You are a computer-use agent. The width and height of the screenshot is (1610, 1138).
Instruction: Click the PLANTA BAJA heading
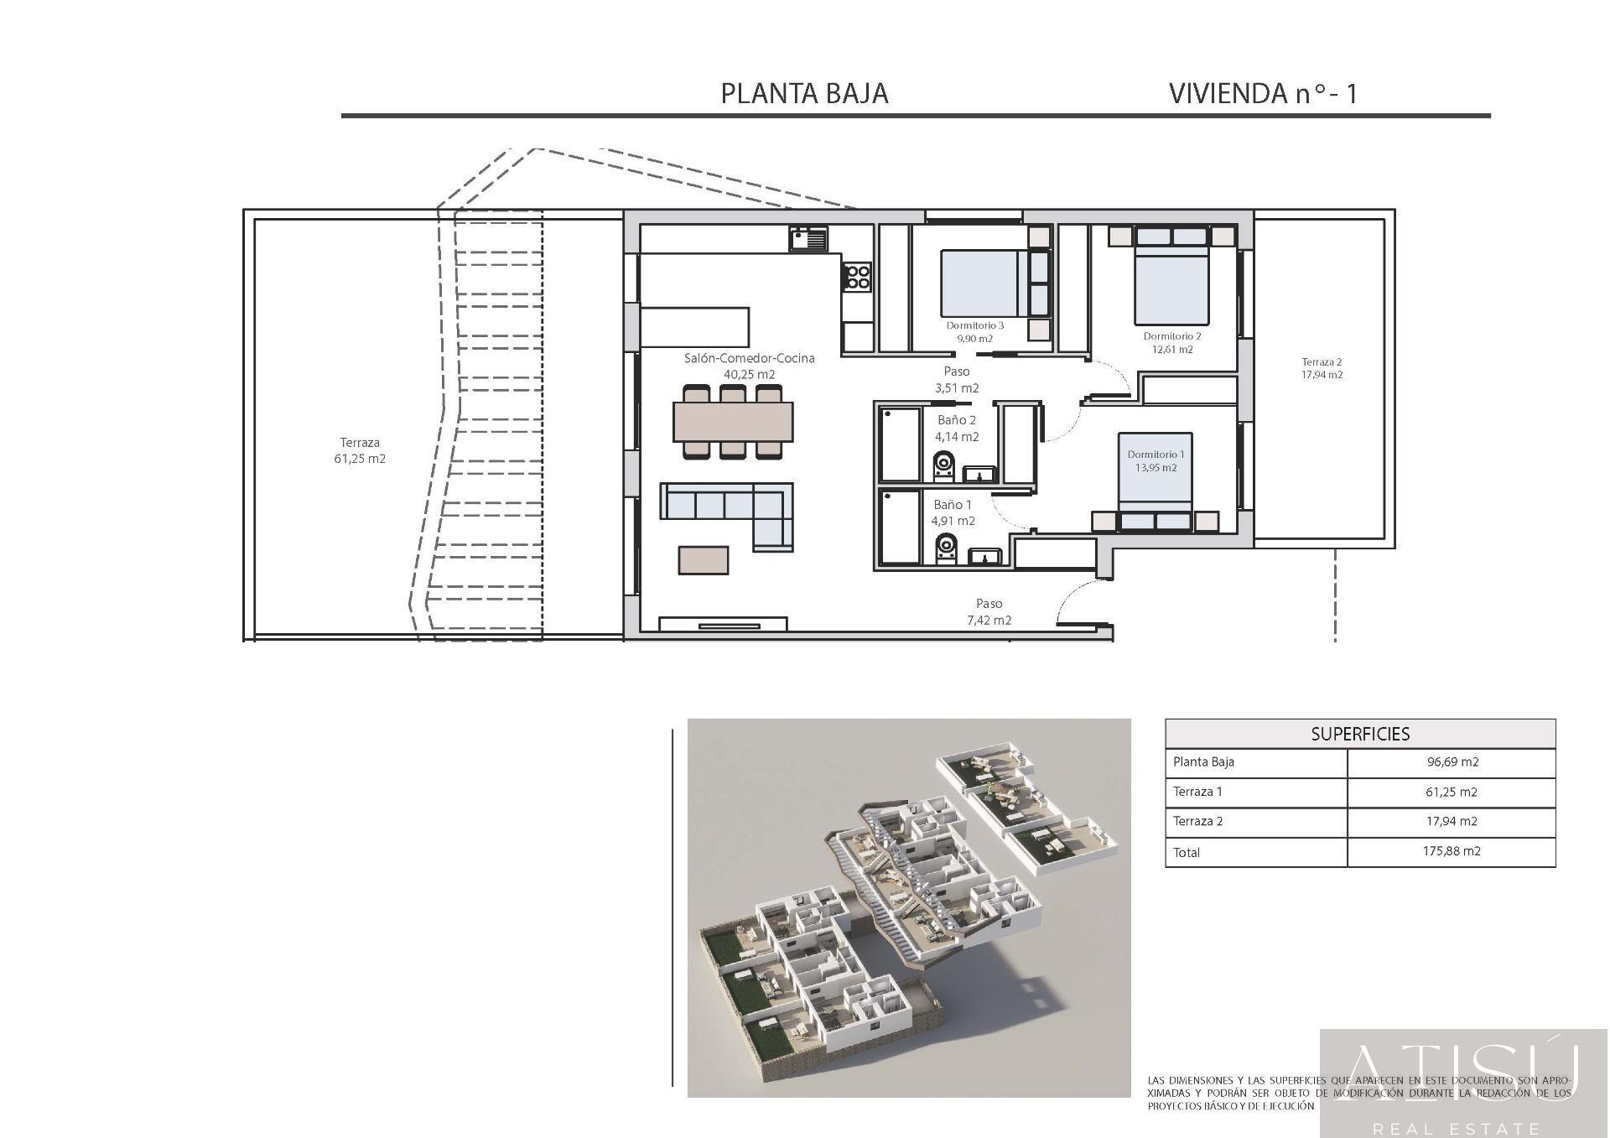804,93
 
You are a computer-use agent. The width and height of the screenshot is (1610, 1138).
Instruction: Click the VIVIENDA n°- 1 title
1262,93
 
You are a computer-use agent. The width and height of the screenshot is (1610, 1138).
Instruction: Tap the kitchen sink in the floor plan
808,240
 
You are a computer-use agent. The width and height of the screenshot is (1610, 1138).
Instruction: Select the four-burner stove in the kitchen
857,276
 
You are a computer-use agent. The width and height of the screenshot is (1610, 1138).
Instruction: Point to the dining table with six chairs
733,422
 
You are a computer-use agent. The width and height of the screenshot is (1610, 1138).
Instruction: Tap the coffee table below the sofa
704,559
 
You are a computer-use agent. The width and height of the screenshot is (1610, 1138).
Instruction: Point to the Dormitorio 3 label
974,325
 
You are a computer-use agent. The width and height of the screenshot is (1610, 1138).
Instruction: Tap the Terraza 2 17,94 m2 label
1322,368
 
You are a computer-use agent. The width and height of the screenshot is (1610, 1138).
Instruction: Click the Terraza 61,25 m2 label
360,450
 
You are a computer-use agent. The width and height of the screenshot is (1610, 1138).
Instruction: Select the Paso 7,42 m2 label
989,611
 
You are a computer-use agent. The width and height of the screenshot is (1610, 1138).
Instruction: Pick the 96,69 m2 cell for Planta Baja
1452,762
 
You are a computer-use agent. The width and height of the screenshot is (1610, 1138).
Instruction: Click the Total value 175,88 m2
1452,851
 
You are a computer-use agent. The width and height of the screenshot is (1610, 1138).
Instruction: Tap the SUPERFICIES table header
1360,734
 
